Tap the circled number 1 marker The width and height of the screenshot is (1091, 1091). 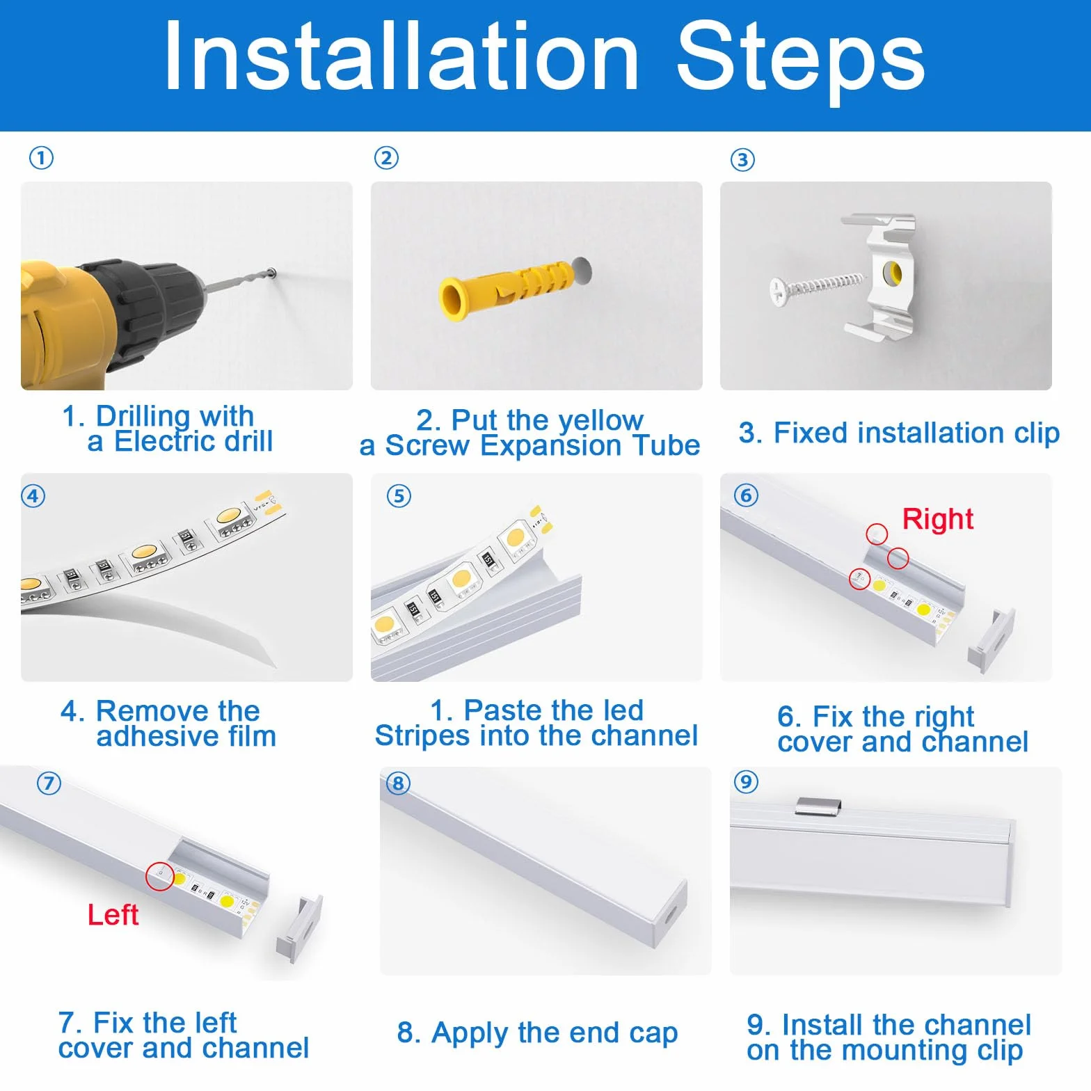point(41,158)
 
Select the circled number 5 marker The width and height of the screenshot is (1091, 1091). point(399,496)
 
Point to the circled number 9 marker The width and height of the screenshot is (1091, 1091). point(746,781)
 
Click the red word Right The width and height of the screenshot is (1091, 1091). point(937,519)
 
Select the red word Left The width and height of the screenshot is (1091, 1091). point(113,914)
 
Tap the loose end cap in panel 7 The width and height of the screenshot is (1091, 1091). point(300,928)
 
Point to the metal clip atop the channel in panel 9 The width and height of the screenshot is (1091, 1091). point(818,806)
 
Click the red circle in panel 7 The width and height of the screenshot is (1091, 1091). point(159,876)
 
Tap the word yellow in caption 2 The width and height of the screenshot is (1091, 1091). point(600,421)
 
